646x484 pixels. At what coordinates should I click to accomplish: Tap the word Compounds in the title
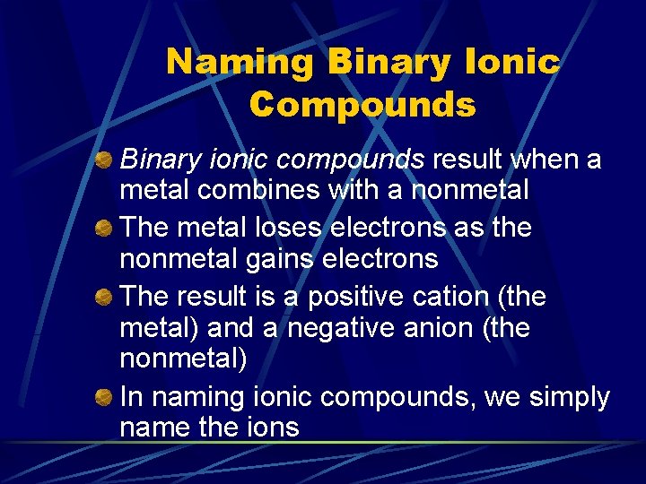[362, 105]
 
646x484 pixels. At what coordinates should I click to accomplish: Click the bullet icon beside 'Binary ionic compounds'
[104, 161]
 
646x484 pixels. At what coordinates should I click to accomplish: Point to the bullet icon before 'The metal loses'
[104, 229]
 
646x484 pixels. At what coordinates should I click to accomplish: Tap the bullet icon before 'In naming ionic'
[104, 398]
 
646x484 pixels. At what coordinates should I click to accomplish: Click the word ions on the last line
[270, 428]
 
